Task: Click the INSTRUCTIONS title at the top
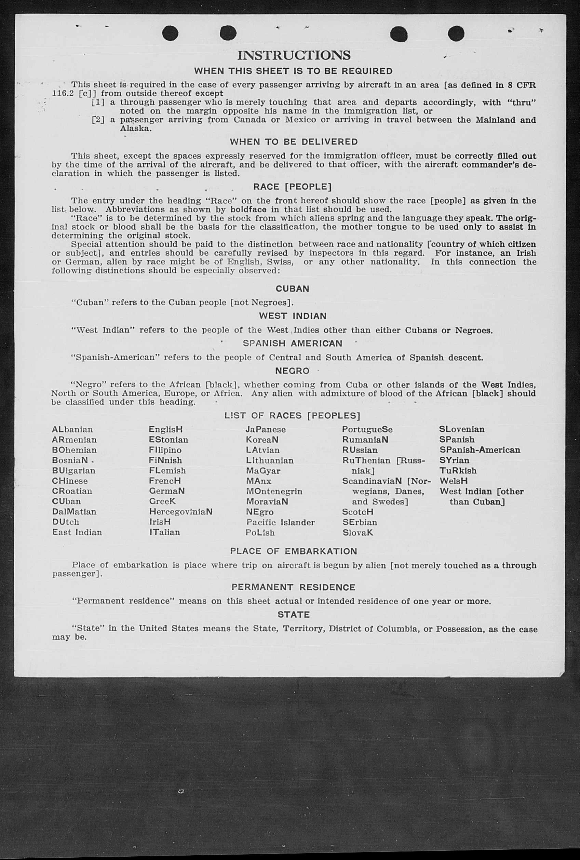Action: (294, 55)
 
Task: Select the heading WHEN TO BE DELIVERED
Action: (294, 142)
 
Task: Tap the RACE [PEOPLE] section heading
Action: (292, 187)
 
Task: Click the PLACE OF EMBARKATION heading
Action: (293, 551)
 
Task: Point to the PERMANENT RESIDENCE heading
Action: (293, 587)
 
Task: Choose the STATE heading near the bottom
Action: (293, 614)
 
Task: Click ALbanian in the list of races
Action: (72, 429)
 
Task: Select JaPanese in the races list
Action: (266, 429)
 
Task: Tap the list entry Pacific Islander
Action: (280, 522)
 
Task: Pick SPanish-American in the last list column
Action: (480, 450)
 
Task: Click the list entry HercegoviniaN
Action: (180, 512)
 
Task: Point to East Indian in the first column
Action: (77, 532)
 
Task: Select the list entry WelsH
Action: (454, 481)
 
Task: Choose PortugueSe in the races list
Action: (367, 429)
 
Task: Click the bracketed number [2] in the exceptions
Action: (98, 120)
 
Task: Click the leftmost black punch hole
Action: (170, 33)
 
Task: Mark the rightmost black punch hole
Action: (456, 33)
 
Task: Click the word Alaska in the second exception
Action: (135, 129)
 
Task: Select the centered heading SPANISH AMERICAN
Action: (292, 343)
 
